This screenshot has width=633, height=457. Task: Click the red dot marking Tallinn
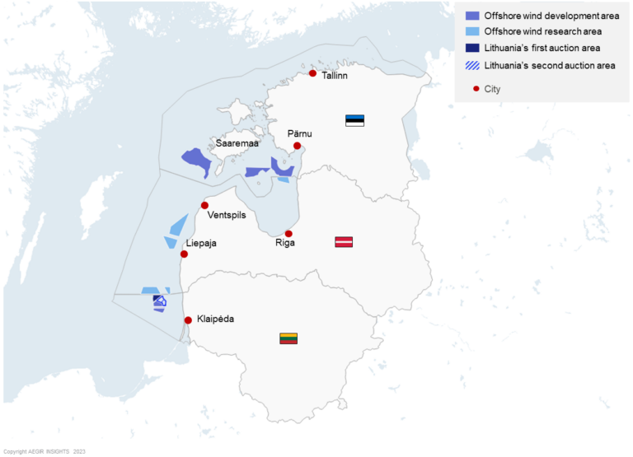pos(312,73)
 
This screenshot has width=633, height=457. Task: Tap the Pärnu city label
pos(300,133)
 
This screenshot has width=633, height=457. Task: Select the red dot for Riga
pos(288,234)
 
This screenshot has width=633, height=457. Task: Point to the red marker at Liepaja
pos(184,254)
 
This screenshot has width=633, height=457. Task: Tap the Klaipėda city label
pos(215,319)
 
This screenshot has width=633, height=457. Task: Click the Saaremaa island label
pos(237,143)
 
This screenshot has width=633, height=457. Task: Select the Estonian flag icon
pos(354,120)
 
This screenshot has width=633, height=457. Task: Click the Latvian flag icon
pos(344,241)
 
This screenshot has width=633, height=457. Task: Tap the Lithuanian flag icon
pos(288,338)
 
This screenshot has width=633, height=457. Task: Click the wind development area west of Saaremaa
pos(197,160)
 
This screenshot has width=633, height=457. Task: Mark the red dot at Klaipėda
pos(188,320)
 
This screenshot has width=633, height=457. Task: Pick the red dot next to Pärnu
pos(297,146)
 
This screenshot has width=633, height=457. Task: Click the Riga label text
pos(285,244)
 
